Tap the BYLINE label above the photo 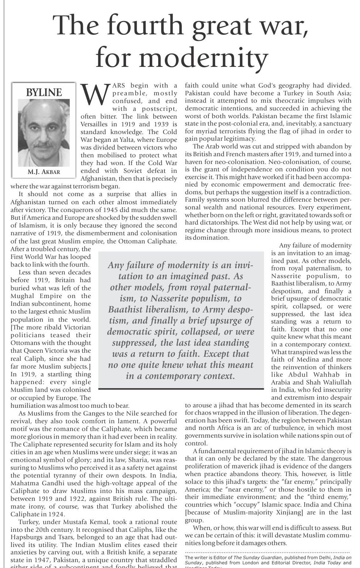click(44, 92)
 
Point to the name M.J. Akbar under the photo click(44, 172)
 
